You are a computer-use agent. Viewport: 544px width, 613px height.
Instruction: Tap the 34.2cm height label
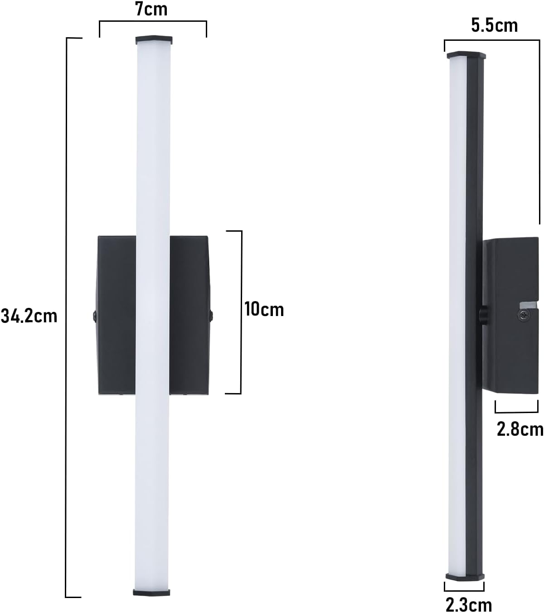coord(29,316)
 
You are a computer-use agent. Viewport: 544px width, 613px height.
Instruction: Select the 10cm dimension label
coord(264,310)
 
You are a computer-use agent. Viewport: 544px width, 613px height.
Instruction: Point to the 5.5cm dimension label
coord(494,25)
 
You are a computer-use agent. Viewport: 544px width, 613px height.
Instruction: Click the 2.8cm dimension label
coord(520,429)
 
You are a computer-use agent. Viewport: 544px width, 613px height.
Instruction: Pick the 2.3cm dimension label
coord(468,604)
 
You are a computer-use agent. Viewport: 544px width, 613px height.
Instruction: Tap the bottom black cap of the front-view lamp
coord(151,592)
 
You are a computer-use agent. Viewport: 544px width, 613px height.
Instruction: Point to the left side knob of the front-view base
coord(94,315)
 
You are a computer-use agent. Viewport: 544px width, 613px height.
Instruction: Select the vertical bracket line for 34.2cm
coord(67,317)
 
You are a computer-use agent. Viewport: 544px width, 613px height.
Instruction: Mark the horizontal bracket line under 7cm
coord(153,21)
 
